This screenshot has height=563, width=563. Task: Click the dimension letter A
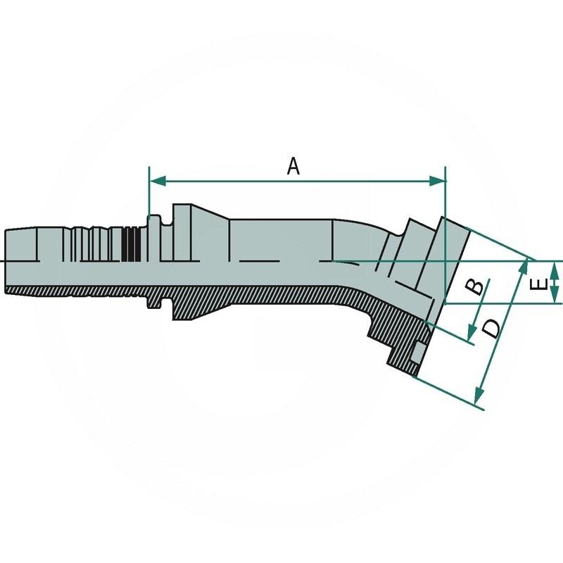click(x=294, y=166)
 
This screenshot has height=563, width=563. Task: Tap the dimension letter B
click(x=476, y=286)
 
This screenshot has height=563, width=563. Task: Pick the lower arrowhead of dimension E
click(x=555, y=298)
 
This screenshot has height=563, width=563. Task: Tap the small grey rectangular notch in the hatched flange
click(x=419, y=352)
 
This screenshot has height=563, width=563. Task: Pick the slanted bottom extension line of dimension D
click(x=450, y=394)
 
